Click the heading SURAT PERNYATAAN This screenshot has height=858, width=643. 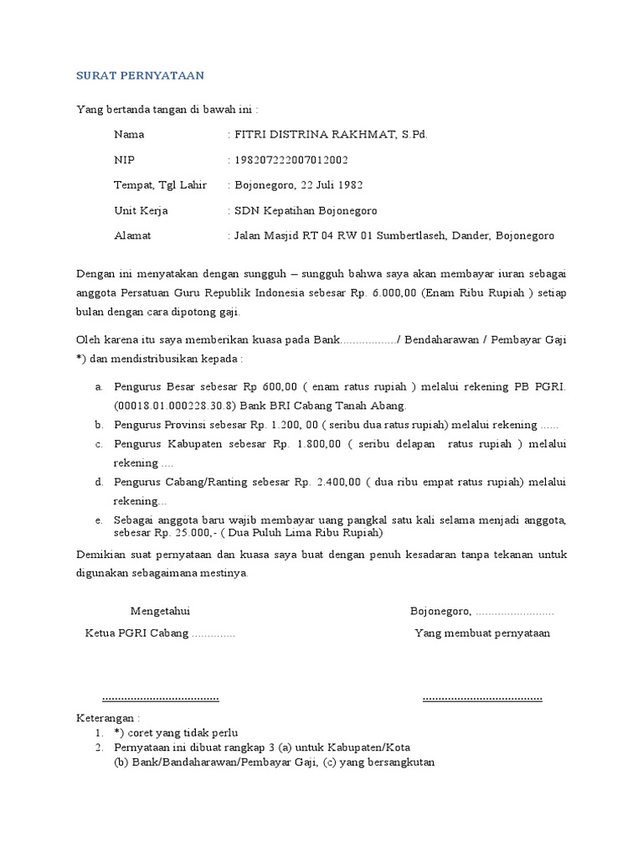coord(140,75)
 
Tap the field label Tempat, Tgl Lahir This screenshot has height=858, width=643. coord(160,185)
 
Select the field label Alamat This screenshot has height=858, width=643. coord(132,236)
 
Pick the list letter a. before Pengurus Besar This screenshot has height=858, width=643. coord(99,388)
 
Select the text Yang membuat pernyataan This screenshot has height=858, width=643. coord(482,633)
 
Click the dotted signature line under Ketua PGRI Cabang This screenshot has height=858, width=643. coord(160,697)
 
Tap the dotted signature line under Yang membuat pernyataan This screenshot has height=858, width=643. coord(482,697)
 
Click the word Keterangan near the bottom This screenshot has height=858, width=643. coord(105,718)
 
